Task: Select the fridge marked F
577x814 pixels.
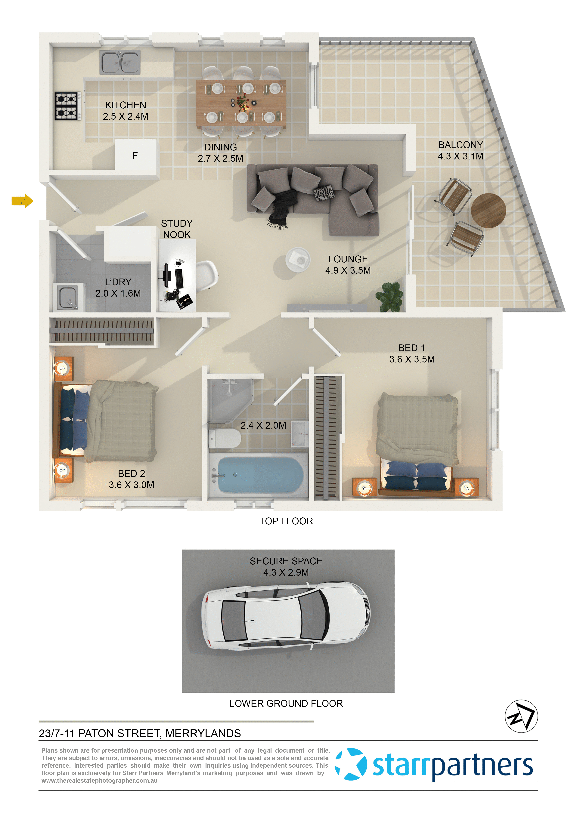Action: (x=135, y=155)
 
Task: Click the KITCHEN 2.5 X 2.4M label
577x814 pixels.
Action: (x=126, y=111)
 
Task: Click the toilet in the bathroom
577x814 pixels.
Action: (x=225, y=438)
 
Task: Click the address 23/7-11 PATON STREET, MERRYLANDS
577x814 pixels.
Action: (x=140, y=733)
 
